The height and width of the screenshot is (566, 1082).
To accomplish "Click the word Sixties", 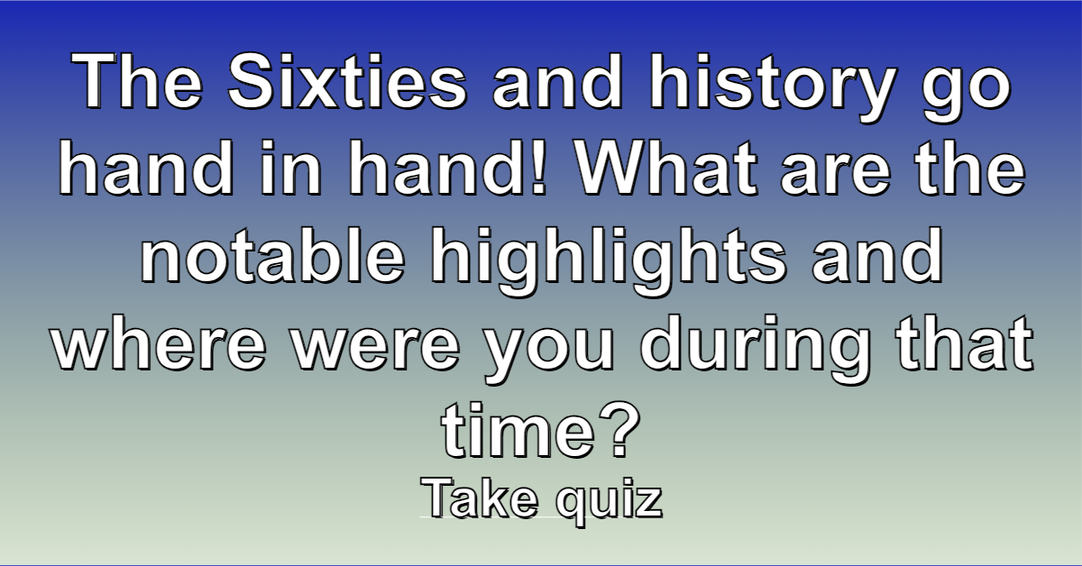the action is pyautogui.click(x=348, y=81).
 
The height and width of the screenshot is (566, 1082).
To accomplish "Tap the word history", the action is pyautogui.click(x=773, y=87).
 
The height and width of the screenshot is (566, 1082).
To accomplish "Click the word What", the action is pyautogui.click(x=667, y=168).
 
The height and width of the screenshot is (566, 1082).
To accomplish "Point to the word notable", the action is pyautogui.click(x=273, y=254).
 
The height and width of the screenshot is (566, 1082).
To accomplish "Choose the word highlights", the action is pyautogui.click(x=609, y=260).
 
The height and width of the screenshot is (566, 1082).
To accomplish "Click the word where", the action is pyautogui.click(x=159, y=342).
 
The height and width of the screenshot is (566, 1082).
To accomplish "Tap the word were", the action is pyautogui.click(x=376, y=349).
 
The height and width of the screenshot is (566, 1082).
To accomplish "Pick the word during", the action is pyautogui.click(x=755, y=349).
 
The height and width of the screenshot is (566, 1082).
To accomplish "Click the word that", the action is pyautogui.click(x=964, y=342).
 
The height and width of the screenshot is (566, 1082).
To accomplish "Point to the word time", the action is pyautogui.click(x=518, y=429).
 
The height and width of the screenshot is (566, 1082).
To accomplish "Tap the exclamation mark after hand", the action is pyautogui.click(x=537, y=168).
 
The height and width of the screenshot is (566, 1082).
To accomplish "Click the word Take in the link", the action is pyautogui.click(x=479, y=498).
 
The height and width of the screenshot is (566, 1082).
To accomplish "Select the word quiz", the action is pyautogui.click(x=609, y=502).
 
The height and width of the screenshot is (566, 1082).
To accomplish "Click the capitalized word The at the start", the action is pyautogui.click(x=137, y=81).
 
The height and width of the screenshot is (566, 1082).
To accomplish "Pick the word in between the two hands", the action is pyautogui.click(x=290, y=168).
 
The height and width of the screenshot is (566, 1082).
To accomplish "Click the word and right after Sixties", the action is pyautogui.click(x=557, y=81).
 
